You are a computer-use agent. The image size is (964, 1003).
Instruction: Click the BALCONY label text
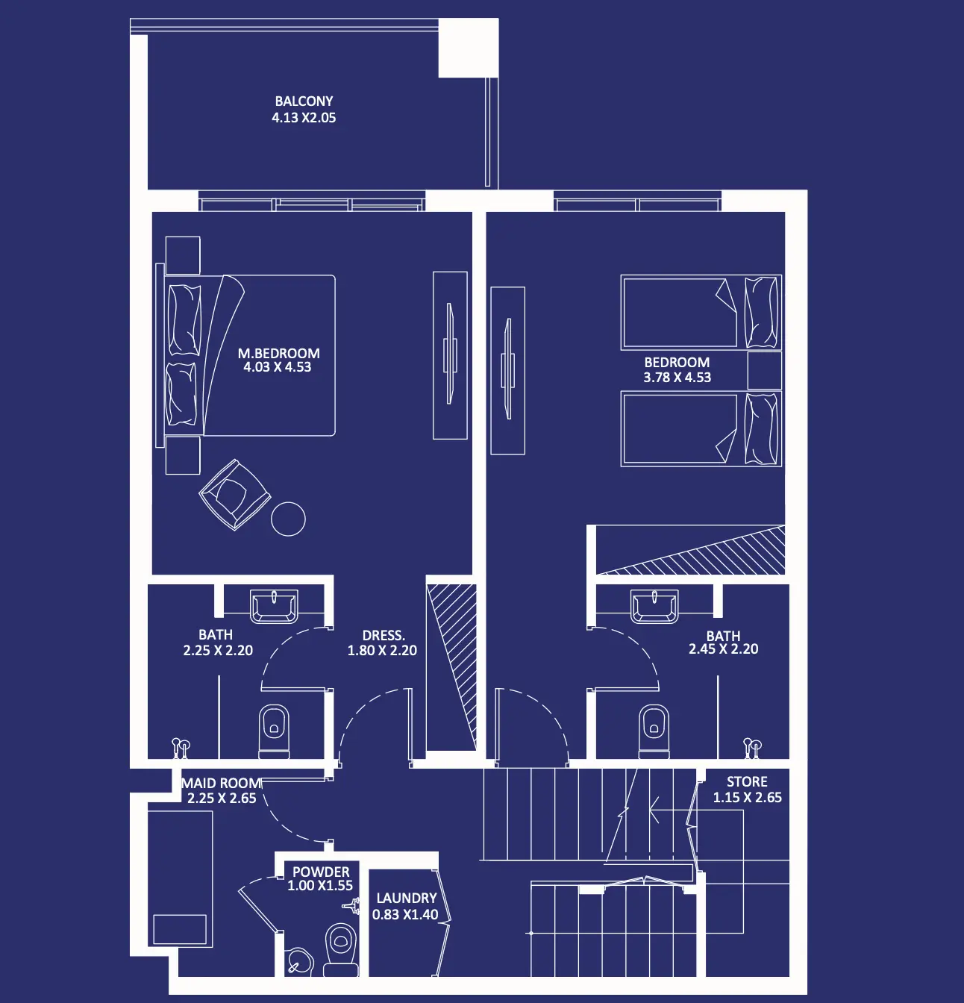(304, 101)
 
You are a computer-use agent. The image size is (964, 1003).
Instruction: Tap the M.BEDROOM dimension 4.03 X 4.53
(278, 367)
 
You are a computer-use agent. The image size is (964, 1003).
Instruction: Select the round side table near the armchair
(288, 519)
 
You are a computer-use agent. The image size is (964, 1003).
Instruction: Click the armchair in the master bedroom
(235, 494)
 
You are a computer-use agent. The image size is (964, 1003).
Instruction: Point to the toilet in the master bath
(274, 731)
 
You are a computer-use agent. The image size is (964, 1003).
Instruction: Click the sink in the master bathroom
(274, 606)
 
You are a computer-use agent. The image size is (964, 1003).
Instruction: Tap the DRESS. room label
(384, 636)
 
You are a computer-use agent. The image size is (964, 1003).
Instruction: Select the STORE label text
(747, 782)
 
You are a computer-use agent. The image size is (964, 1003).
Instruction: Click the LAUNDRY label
(407, 899)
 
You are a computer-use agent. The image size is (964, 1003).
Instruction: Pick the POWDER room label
(321, 872)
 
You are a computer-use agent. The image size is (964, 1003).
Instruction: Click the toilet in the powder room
(340, 949)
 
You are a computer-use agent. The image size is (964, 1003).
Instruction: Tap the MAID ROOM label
(222, 784)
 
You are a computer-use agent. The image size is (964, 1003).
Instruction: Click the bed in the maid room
(180, 879)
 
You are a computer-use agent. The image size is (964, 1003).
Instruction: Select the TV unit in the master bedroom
(450, 355)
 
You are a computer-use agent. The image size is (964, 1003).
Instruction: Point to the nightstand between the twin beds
(765, 370)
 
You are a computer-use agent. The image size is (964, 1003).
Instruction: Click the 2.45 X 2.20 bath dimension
(724, 649)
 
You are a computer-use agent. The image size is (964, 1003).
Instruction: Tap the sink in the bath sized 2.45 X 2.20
(654, 606)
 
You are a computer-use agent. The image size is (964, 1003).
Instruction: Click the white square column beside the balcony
(469, 48)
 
